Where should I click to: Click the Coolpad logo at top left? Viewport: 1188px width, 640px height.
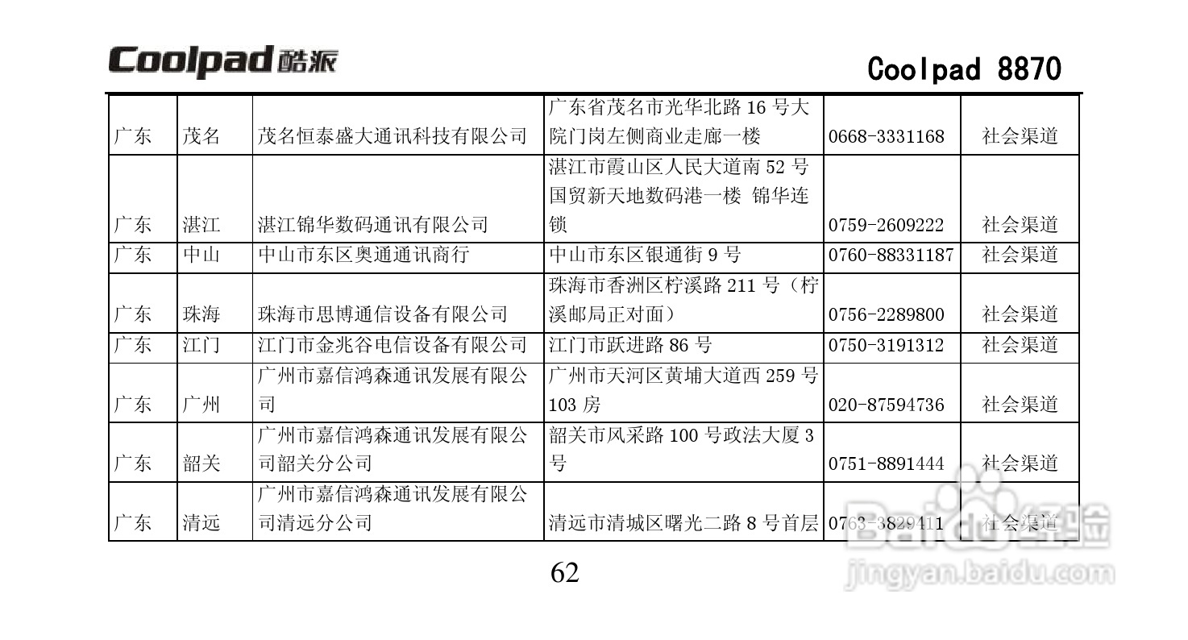223,61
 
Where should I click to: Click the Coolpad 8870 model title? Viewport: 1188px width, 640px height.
964,69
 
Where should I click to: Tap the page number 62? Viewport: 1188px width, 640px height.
564,573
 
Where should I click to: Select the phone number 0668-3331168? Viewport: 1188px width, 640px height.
886,136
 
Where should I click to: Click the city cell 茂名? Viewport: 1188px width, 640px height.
201,136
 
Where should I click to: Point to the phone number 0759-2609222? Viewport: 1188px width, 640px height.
886,225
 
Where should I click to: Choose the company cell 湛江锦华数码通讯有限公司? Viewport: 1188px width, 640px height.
373,225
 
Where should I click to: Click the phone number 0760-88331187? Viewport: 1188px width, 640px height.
891,256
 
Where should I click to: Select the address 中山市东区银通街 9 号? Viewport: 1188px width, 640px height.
645,256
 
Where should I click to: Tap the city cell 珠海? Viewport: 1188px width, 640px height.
201,314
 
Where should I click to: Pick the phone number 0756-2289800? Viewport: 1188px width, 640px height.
886,314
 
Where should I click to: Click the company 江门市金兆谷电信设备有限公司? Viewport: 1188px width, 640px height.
392,346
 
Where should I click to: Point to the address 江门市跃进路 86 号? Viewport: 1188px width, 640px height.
630,346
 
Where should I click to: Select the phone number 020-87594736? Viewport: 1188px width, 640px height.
886,405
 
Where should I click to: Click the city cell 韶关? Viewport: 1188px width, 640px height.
201,464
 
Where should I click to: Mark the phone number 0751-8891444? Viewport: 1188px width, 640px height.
886,464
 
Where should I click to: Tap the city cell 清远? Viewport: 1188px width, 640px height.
201,523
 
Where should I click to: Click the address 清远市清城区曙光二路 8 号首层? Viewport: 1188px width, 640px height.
683,523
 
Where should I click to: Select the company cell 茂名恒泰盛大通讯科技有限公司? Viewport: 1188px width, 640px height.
392,136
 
